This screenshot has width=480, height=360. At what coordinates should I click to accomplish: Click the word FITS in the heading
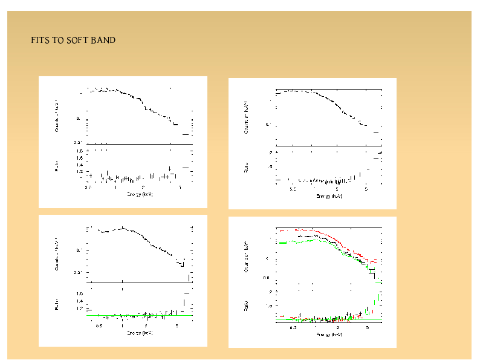(39, 41)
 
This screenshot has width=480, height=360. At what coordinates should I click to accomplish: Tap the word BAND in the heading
(103, 41)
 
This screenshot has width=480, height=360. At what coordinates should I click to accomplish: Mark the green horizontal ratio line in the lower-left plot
(139, 315)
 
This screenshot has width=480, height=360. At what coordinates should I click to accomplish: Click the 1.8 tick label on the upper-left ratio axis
(79, 150)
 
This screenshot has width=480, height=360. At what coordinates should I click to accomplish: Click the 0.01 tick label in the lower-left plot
(78, 273)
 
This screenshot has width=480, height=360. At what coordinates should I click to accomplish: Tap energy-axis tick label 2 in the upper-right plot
(337, 189)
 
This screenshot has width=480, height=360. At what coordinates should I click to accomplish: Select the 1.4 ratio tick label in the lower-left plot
(79, 301)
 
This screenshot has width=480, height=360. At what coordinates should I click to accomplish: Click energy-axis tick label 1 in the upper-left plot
(115, 188)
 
